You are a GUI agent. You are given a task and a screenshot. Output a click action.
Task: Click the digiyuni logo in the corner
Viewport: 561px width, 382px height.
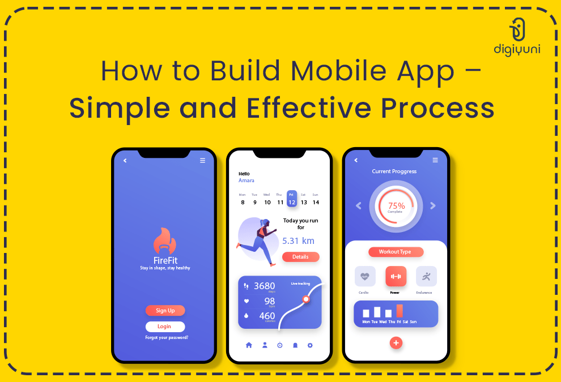pos(524,36)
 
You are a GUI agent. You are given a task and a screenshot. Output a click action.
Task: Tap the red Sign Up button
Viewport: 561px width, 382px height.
pos(165,310)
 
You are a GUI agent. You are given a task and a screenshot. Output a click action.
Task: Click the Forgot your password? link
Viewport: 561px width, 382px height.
pos(167,338)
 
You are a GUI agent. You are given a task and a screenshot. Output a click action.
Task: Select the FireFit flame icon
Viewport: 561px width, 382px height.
pos(165,241)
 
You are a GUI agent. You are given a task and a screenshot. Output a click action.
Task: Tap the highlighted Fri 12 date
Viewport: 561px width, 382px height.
pos(291,199)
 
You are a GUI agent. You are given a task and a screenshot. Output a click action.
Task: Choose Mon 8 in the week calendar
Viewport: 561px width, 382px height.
pos(243,199)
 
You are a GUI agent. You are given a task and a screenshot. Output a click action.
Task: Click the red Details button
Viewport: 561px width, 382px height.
pos(300,257)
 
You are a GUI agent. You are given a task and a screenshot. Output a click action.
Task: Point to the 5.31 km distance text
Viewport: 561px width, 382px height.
pos(298,241)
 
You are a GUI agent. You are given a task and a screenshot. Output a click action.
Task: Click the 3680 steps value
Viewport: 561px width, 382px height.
pos(264,286)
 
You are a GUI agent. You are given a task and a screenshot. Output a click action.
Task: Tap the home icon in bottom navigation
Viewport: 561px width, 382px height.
pos(249,345)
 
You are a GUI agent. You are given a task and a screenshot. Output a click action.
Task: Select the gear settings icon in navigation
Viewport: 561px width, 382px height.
pos(310,345)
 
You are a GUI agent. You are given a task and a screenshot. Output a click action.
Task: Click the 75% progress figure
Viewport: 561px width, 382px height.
pos(396,206)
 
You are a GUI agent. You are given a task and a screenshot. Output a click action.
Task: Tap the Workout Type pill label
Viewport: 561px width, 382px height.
pos(396,252)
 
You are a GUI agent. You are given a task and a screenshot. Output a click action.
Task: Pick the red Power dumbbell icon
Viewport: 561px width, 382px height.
pos(396,276)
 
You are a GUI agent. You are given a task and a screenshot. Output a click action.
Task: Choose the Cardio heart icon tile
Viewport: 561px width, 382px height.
pos(365,276)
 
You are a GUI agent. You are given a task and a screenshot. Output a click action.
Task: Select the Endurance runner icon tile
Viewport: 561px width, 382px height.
pos(426,276)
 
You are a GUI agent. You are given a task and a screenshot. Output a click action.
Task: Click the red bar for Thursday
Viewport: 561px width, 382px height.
pos(399,311)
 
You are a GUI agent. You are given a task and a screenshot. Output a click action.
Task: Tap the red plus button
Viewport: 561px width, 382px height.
pos(396,342)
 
